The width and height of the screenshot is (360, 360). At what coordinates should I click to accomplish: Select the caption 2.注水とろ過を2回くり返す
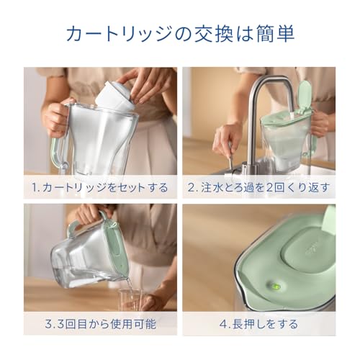(x=259, y=188)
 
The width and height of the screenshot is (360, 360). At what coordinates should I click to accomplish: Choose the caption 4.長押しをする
(x=259, y=323)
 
